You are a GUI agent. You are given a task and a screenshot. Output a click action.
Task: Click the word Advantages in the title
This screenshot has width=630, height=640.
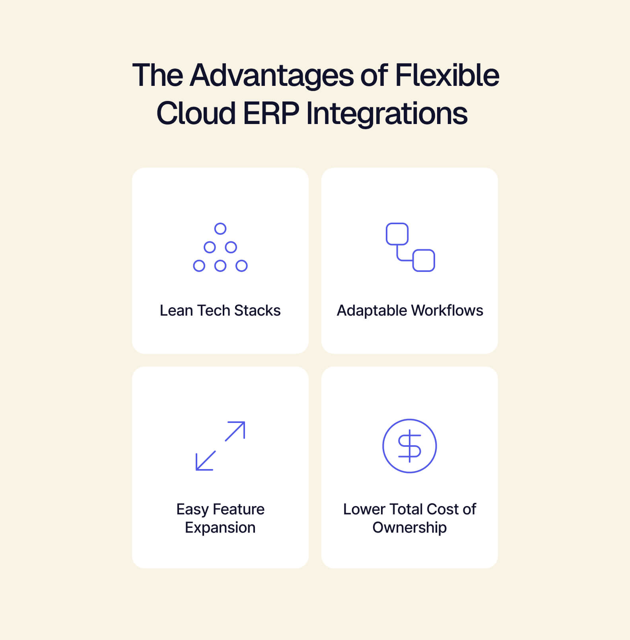[x=271, y=76]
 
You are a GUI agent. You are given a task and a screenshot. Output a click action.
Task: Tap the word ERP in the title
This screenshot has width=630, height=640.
[x=271, y=113]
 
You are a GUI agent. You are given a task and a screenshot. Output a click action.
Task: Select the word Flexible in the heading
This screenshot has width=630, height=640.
[x=447, y=76]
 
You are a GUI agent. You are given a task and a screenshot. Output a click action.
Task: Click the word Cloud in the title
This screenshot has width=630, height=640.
[x=196, y=113]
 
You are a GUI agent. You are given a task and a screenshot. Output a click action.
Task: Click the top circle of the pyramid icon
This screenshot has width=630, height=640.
[x=220, y=229]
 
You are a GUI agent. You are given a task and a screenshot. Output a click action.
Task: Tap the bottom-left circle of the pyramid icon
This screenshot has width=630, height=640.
[x=199, y=266]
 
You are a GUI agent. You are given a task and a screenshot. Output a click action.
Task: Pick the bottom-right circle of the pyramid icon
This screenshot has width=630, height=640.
[x=241, y=266]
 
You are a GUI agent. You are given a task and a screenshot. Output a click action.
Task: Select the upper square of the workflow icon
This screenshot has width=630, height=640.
[x=397, y=234]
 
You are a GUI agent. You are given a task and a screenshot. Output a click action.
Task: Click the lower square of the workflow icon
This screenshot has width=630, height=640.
[x=424, y=260]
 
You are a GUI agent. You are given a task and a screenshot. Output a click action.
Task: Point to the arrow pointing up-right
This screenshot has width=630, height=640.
[x=235, y=431]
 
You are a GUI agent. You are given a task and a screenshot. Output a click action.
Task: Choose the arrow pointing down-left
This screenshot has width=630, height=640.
[x=206, y=461]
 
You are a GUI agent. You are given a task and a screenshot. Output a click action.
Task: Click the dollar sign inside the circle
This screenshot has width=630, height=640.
[x=410, y=446]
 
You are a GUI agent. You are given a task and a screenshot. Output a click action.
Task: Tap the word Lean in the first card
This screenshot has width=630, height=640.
[x=175, y=310]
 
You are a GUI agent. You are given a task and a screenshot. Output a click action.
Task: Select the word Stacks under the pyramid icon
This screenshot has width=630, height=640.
[x=257, y=310]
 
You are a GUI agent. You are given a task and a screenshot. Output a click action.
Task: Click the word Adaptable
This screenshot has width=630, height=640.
[x=372, y=310]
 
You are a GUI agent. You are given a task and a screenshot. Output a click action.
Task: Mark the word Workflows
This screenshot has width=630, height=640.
[x=447, y=310]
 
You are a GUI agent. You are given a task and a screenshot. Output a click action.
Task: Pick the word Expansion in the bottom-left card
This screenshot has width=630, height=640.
[x=220, y=528]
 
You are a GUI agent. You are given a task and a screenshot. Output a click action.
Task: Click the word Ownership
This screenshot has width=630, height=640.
[x=410, y=528]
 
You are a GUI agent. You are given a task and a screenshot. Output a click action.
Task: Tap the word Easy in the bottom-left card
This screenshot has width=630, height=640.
[x=192, y=509]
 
